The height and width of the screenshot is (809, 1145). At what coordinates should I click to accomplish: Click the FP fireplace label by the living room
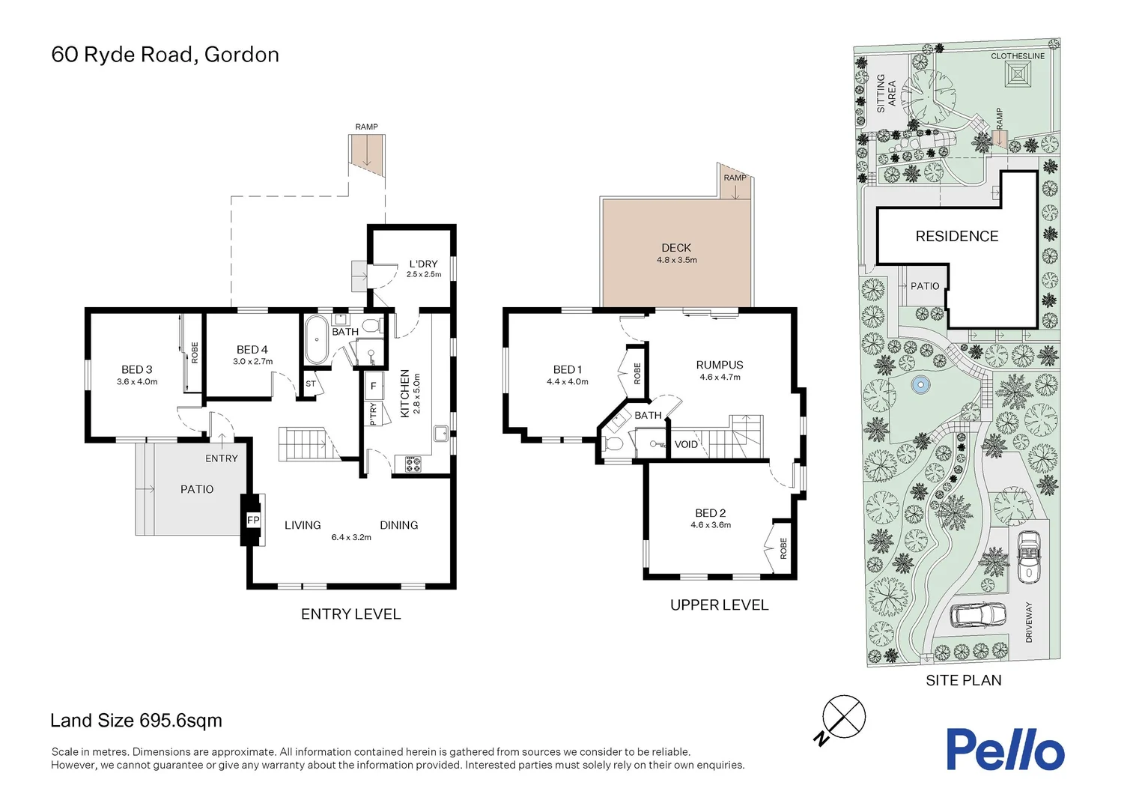point(253,520)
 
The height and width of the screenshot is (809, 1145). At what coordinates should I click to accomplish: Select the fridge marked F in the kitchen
point(373,387)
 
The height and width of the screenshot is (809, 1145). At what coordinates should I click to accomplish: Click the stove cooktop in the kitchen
point(413,464)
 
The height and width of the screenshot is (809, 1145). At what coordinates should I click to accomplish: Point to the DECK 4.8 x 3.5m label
point(676,253)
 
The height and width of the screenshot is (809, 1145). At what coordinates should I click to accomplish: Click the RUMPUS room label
point(720,366)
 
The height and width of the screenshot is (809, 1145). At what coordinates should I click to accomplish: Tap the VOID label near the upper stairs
point(686,444)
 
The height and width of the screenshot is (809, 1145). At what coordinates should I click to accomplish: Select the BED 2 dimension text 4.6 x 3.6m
point(711,525)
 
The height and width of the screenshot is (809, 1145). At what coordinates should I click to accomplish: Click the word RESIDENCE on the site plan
point(956,237)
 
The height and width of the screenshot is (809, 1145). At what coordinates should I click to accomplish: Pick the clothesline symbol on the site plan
point(1018,75)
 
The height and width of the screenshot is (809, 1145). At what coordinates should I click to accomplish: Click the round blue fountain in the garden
point(920,386)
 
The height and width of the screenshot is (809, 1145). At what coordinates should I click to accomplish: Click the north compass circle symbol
point(844,717)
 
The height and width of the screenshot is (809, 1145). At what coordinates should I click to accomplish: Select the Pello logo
point(1005,749)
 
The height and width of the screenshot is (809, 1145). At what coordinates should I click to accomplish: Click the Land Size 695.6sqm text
point(136,721)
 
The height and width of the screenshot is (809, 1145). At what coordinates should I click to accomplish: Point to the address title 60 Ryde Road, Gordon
point(165,55)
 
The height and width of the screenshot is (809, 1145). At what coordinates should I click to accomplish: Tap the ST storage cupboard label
point(311,384)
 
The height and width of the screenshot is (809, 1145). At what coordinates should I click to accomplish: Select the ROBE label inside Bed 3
point(195,353)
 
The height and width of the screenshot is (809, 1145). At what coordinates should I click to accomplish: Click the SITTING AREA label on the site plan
point(886,94)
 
